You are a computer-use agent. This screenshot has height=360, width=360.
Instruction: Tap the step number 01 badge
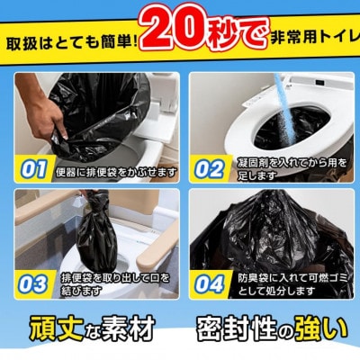(x=33, y=169)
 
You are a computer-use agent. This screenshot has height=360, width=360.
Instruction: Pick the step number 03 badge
(x=33, y=284)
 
